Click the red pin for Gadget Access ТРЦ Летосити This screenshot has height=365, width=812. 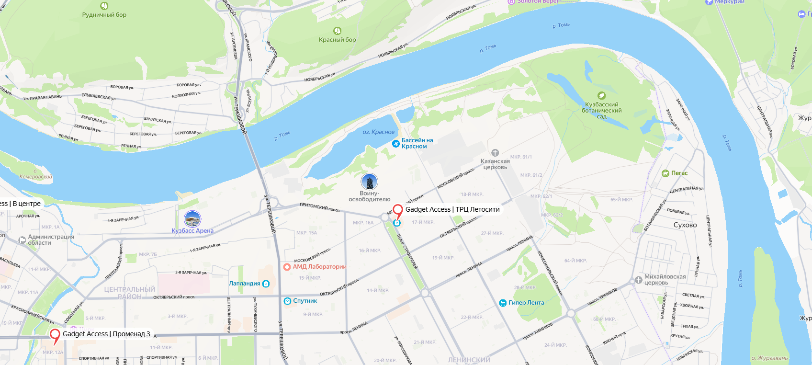coord(398,210)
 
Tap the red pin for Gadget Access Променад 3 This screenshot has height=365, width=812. coord(55,334)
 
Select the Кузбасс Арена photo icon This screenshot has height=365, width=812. coord(192,219)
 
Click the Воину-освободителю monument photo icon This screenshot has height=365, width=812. coord(369,182)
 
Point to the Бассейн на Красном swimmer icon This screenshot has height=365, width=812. coord(395,143)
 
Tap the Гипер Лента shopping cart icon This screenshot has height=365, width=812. coord(502,303)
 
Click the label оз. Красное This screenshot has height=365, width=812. coord(378,132)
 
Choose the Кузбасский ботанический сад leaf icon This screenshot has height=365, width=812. coord(601,96)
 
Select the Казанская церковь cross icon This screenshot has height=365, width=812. coord(495,153)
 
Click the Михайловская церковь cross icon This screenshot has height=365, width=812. coord(638,280)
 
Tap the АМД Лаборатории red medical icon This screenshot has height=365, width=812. coord(287,267)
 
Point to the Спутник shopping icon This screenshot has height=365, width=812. coord(287,301)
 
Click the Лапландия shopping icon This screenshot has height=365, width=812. coord(266,284)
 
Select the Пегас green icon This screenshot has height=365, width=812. coord(665,173)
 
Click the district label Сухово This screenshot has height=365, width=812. coord(685,225)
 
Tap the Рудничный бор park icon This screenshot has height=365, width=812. coord(104,6)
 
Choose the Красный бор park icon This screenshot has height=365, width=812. coord(337,31)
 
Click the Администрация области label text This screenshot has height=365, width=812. coord(51,240)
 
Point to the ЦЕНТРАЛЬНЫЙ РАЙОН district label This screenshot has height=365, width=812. coord(130,293)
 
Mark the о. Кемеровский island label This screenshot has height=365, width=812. coord(36,176)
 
